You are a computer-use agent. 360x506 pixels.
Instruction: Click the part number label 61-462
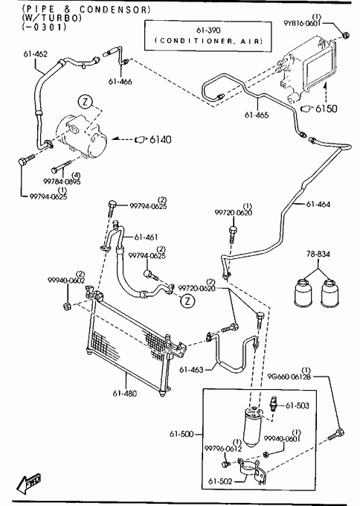click(35, 54)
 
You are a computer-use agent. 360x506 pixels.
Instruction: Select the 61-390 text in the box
click(208, 31)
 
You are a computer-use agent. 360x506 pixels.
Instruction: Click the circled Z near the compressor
click(85, 102)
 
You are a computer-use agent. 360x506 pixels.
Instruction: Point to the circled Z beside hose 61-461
click(187, 301)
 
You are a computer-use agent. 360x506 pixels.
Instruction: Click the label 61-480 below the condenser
click(125, 394)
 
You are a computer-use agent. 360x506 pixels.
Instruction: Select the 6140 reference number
click(161, 139)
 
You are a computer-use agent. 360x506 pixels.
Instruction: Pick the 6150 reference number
click(326, 109)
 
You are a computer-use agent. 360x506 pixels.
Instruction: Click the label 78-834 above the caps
click(318, 254)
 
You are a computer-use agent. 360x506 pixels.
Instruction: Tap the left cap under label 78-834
click(303, 292)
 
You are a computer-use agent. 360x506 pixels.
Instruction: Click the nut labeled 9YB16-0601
click(344, 34)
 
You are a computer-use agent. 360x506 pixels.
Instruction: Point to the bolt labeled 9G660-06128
click(336, 435)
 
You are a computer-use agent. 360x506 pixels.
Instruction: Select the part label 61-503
click(298, 406)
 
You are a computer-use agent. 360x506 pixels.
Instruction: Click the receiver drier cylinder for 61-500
click(254, 426)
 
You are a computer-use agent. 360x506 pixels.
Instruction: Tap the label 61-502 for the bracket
click(220, 481)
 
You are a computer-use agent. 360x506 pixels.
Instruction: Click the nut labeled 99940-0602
click(67, 305)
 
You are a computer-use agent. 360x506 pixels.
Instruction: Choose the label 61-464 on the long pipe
click(318, 204)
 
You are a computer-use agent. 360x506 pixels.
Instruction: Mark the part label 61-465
click(257, 115)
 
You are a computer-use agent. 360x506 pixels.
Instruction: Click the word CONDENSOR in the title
click(115, 10)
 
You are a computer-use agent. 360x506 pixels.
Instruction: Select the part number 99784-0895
click(62, 182)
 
